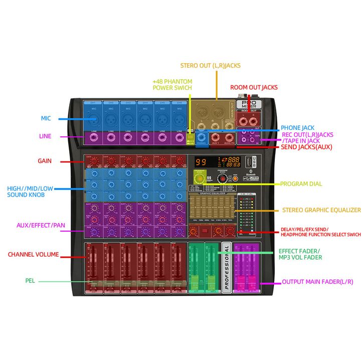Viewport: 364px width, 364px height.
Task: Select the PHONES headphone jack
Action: coord(202,137)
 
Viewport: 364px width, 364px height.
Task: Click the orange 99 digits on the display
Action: coord(201,162)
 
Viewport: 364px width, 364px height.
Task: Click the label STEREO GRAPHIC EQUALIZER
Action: coord(321,210)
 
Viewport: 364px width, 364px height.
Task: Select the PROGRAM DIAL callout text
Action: coord(301,184)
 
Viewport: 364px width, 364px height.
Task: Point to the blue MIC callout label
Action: coord(46,119)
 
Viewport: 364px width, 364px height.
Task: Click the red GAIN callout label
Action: coord(45,161)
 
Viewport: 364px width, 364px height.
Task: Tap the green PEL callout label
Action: coord(30,281)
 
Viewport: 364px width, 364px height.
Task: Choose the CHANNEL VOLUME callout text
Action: coord(33,254)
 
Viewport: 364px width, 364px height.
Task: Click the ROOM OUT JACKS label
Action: coord(254,87)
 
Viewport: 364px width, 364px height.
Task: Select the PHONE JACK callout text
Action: coord(297,128)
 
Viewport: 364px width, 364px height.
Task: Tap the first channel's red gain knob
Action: coord(93,161)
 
